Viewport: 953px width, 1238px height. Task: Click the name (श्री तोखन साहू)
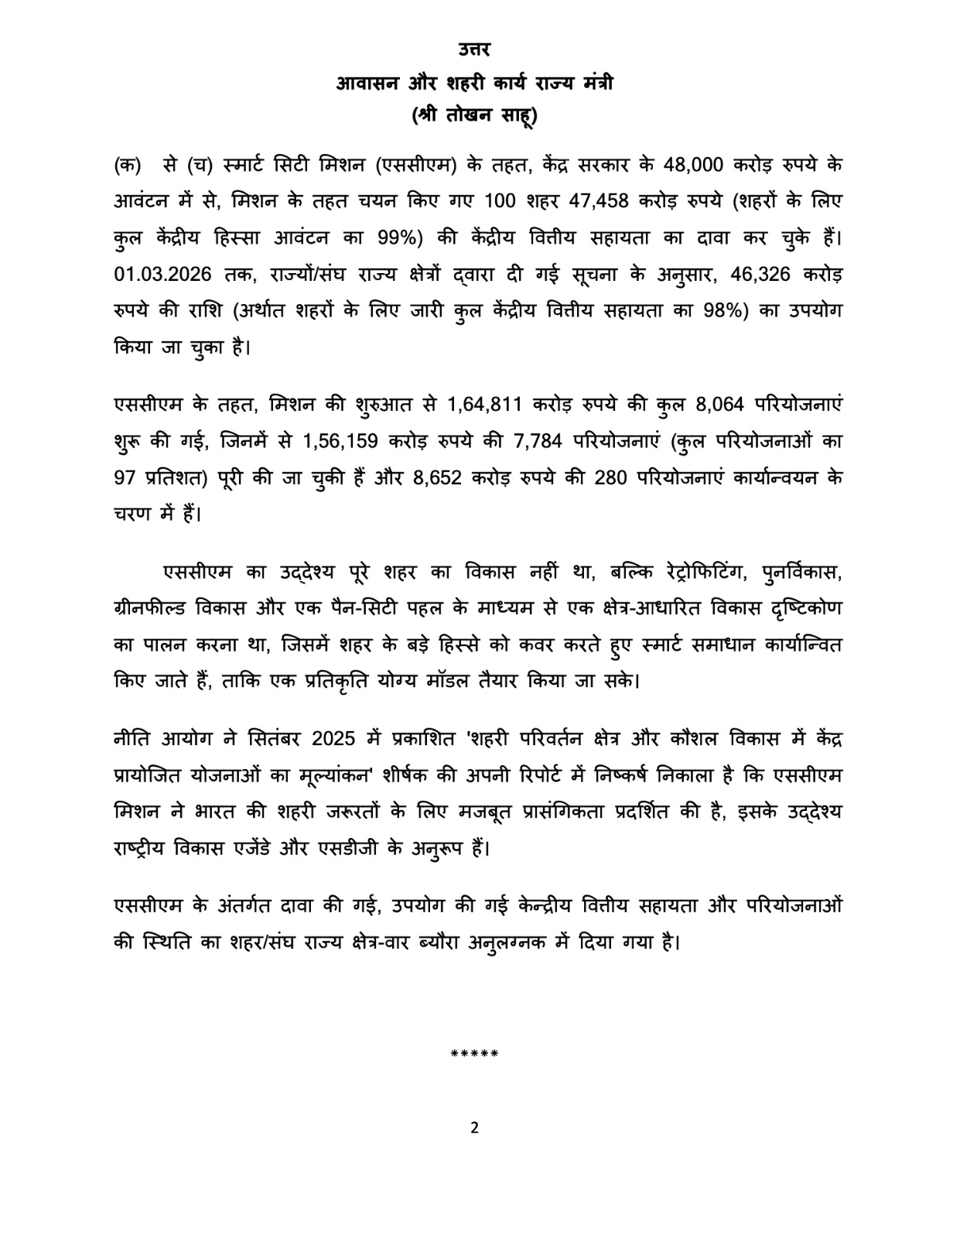[x=474, y=115]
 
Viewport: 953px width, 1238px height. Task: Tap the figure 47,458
[x=600, y=200]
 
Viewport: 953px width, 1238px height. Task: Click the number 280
[x=613, y=477]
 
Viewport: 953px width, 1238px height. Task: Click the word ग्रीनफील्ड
[x=149, y=608]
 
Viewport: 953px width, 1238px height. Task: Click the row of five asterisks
[x=474, y=1054]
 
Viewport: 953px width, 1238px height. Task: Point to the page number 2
[x=475, y=1127]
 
